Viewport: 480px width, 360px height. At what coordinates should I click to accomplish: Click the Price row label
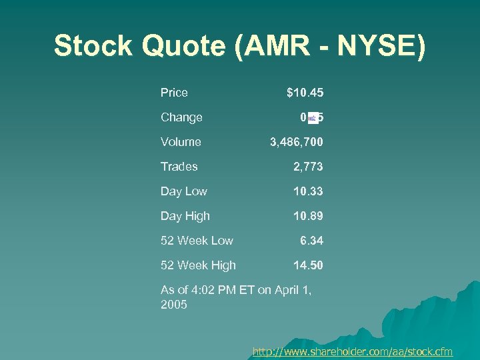point(174,93)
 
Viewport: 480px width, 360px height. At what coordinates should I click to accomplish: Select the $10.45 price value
point(305,93)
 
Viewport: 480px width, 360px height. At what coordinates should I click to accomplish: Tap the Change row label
point(181,117)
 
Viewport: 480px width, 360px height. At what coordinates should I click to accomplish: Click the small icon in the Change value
point(313,118)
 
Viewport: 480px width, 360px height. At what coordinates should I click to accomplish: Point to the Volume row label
point(181,142)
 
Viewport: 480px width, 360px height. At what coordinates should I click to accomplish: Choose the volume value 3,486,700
point(297,142)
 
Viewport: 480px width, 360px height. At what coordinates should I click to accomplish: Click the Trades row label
point(179,167)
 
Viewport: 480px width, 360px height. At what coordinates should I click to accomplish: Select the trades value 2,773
point(309,167)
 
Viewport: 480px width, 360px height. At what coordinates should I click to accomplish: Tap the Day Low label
point(183,191)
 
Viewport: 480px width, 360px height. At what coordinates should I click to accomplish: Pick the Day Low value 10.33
point(309,191)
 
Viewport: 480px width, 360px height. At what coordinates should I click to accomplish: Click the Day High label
point(185,216)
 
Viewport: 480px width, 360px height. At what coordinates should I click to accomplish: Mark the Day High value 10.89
point(309,216)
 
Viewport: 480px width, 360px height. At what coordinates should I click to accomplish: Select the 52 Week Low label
point(197,241)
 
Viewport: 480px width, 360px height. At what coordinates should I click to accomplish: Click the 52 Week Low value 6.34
point(311,241)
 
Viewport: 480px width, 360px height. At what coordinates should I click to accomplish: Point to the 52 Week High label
point(198,265)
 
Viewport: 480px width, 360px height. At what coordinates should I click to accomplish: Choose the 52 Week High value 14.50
point(309,265)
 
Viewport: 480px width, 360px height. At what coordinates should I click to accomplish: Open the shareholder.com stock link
point(353,351)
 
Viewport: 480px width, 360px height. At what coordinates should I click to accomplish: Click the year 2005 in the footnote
point(174,305)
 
